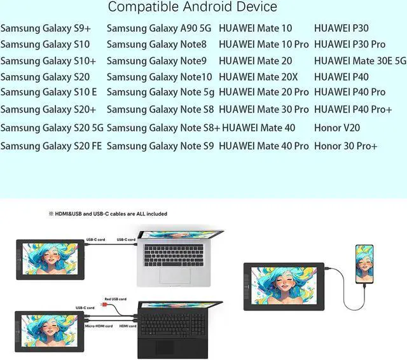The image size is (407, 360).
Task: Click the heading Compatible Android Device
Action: coord(192,8)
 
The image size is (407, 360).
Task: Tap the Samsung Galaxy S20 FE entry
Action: coord(51,146)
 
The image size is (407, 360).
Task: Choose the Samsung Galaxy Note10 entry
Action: coord(159,76)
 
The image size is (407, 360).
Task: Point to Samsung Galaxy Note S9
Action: coord(160,146)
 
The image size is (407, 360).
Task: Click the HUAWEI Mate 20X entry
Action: coord(258,76)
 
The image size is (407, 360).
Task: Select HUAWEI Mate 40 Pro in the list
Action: coord(264,146)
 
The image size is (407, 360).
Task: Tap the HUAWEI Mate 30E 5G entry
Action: coord(360,60)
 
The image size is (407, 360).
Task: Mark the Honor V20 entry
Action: coord(337,128)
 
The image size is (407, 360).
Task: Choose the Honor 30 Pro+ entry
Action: coord(345,146)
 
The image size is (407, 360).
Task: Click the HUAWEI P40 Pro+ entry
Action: coord(353,109)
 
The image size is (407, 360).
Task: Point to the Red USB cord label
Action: coord(115,299)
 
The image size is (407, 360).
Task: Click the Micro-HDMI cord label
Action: coord(99,326)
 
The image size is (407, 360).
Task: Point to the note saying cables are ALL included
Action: coord(108,214)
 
